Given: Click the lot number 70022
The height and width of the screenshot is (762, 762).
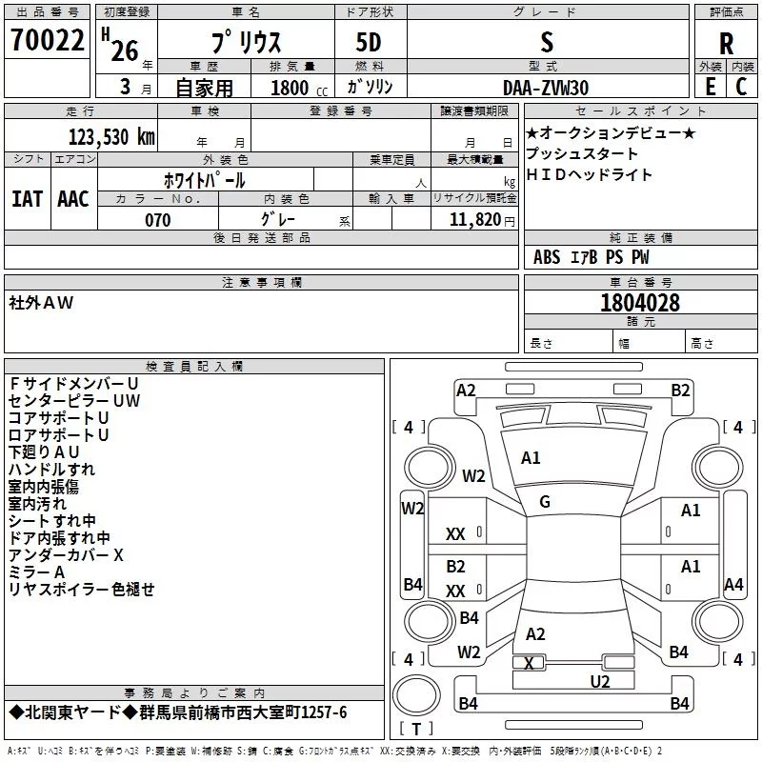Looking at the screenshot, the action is coord(47,40).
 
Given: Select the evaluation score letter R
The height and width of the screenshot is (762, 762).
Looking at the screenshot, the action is coord(726,44).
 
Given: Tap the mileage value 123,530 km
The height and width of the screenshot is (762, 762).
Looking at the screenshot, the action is coord(111,137).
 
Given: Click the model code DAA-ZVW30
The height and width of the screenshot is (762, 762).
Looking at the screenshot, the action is coord(546,88).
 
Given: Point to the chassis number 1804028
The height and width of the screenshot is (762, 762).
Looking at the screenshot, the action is coord(640,303).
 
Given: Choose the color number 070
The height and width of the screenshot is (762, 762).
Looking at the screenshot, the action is coord(158,220).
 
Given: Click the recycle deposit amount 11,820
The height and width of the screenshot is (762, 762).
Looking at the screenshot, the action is coord(474,220).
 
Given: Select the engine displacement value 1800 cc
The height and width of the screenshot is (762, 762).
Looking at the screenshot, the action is coord(299,88).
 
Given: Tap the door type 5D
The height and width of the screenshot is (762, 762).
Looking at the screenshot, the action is coord(369,43).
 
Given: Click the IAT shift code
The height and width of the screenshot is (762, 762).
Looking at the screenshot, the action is coord(27,199).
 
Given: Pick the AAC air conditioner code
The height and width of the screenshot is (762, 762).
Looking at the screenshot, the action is coord(73,199).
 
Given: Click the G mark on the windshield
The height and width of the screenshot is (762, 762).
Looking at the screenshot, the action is coord(545,502).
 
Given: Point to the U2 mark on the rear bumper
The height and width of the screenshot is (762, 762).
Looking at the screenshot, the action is coord(600,681).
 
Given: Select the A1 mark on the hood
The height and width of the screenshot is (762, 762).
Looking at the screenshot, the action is coord(531,458).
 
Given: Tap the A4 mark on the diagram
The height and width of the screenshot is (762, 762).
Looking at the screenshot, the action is coord(733,584).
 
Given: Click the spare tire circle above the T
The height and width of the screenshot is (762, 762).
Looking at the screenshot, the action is coord(416,695).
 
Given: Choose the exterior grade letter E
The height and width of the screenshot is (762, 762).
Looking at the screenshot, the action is coord(711,87).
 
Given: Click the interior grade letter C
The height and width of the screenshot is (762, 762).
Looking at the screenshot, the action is coord(741,87).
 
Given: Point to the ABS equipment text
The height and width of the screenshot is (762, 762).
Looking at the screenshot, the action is coord(547,257).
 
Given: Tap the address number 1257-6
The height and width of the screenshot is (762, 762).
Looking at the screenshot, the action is coord(324,712).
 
